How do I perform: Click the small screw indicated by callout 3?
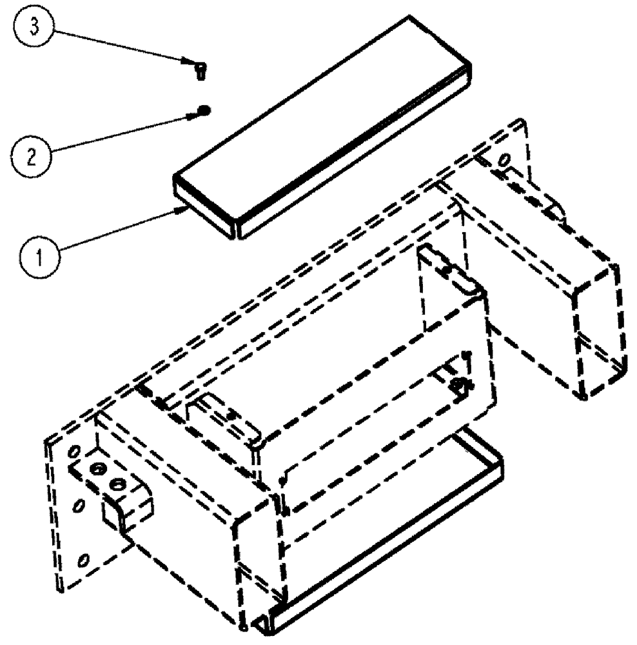[200, 67]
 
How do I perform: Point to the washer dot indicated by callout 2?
[204, 110]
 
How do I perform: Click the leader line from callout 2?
[122, 133]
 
